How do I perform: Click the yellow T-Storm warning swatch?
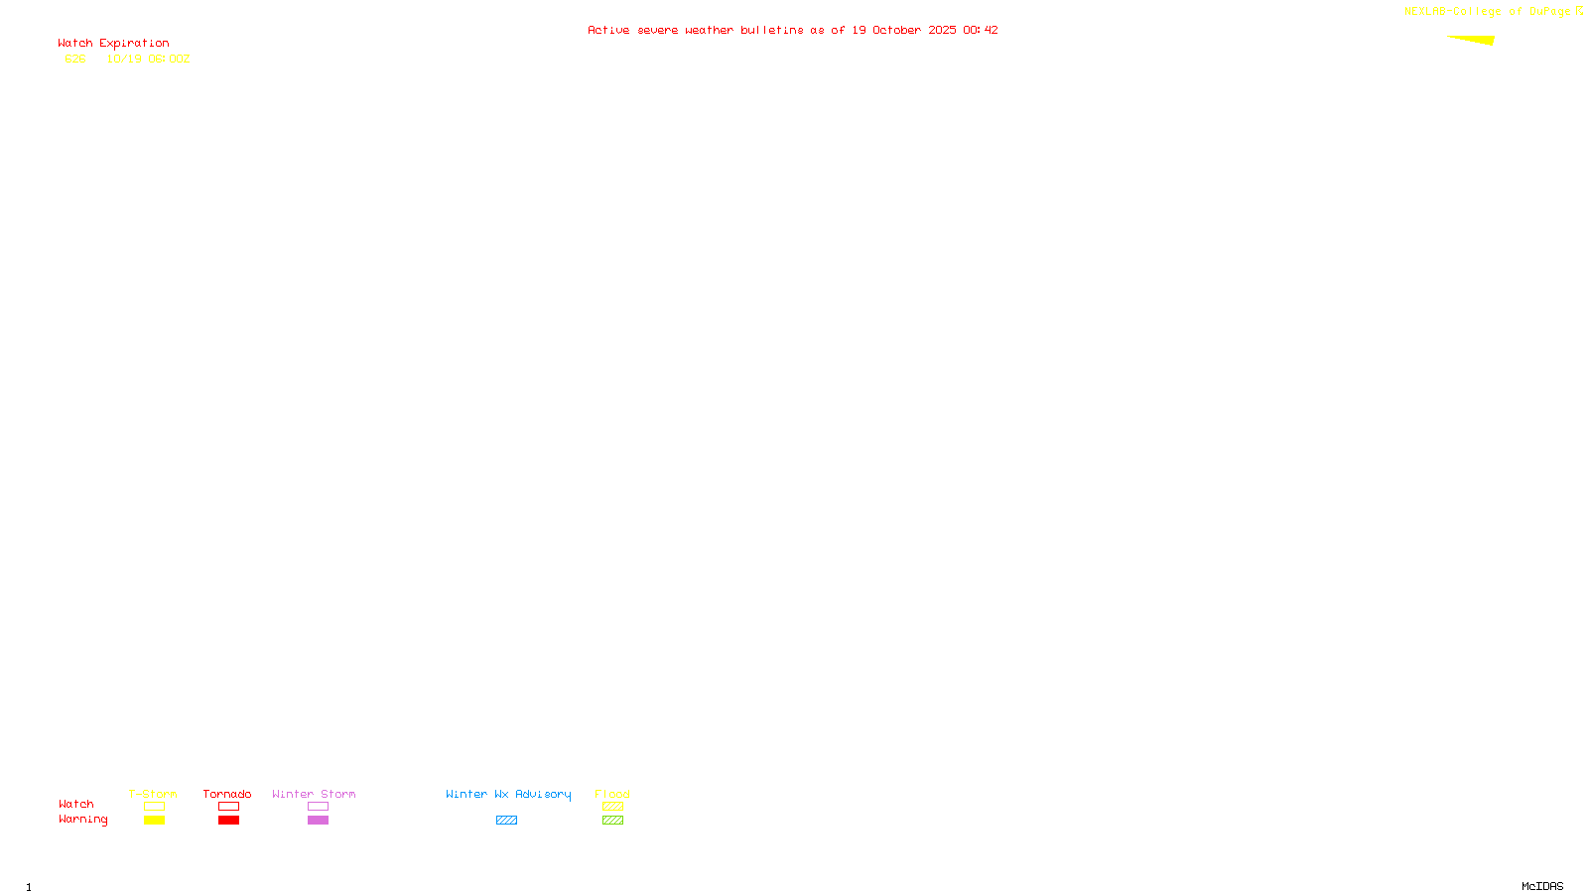pos(154,821)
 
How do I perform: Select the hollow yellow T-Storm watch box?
pos(154,807)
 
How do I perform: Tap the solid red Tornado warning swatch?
pos(228,821)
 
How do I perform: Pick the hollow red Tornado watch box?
pos(228,807)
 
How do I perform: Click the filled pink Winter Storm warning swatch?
pos(318,821)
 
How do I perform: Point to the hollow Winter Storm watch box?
pos(318,807)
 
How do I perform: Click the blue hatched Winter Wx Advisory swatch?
pos(506,821)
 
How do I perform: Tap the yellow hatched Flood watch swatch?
pos(612,807)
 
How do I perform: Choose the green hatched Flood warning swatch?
pos(612,821)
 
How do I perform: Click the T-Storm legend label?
pos(153,794)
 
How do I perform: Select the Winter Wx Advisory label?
pos(508,794)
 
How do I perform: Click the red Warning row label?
pos(82,820)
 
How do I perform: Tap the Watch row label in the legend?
pos(75,805)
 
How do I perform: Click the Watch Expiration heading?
pos(113,44)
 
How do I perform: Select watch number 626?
pos(75,60)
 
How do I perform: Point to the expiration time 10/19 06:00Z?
pos(148,60)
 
